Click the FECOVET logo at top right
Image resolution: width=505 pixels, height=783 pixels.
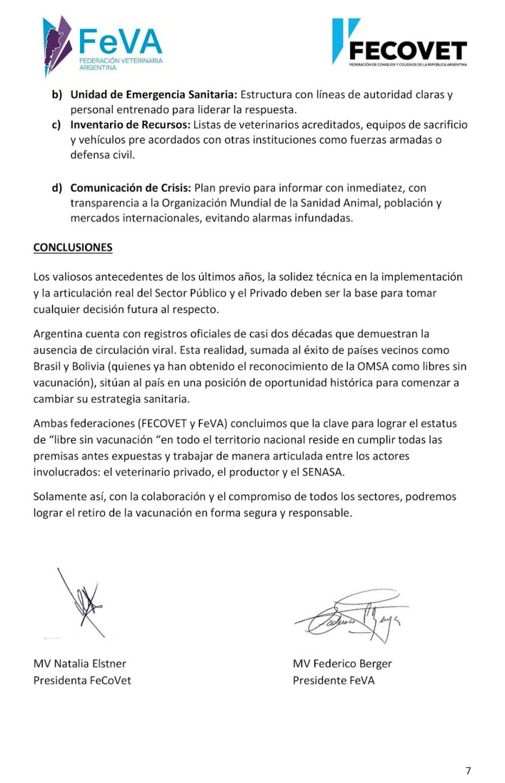pos(399,43)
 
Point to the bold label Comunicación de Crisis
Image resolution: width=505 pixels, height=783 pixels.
pos(131,187)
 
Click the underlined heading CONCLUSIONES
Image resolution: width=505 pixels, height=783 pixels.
pos(73,247)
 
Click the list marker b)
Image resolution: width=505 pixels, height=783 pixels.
pos(57,95)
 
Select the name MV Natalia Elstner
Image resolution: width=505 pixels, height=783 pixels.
pos(80,664)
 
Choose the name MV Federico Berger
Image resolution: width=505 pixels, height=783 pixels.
pos(342,664)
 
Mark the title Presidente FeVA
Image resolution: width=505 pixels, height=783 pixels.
pos(333,680)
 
